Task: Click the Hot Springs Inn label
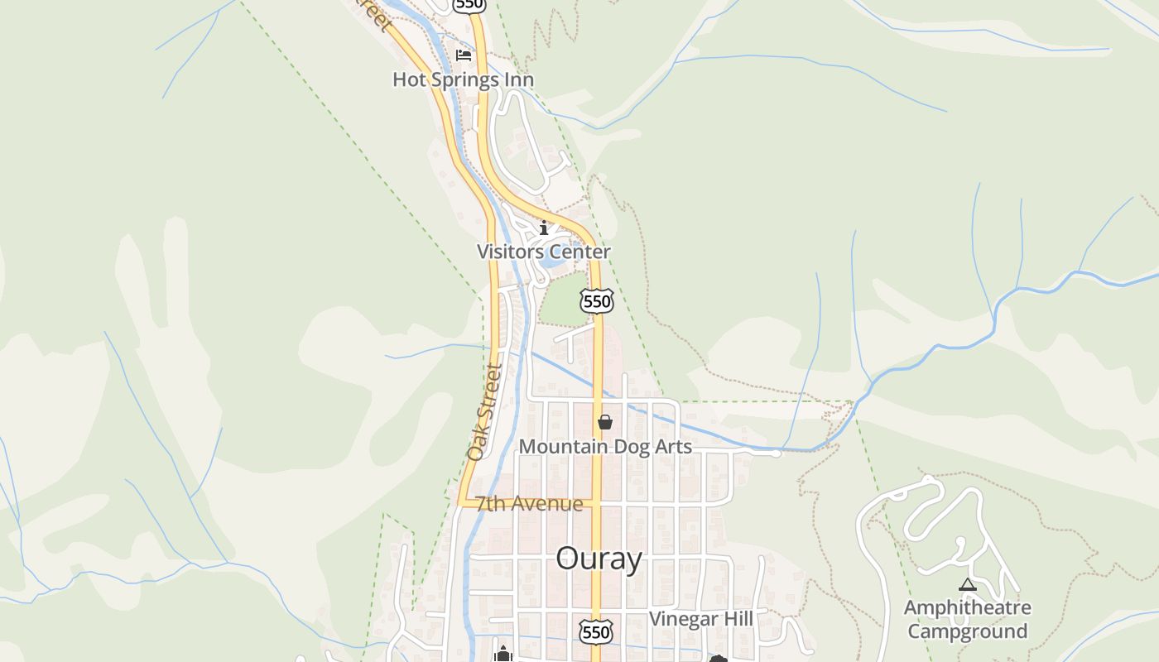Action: (x=463, y=80)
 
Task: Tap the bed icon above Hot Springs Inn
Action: (x=464, y=55)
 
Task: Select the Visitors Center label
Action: (x=543, y=252)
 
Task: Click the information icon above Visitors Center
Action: (x=544, y=228)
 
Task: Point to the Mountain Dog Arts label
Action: (x=605, y=447)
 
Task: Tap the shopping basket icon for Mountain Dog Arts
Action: (x=605, y=423)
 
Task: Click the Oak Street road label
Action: (x=485, y=412)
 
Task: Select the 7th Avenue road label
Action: (x=529, y=504)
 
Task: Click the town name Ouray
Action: (x=599, y=559)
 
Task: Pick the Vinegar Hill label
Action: (x=701, y=619)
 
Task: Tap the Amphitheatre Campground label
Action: (x=967, y=619)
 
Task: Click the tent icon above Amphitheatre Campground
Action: (x=967, y=585)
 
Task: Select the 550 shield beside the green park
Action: (x=597, y=301)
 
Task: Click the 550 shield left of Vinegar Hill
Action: (x=596, y=632)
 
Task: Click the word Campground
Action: (x=967, y=631)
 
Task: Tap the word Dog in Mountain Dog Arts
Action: (x=608, y=447)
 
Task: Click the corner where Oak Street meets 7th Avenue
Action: (x=460, y=501)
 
